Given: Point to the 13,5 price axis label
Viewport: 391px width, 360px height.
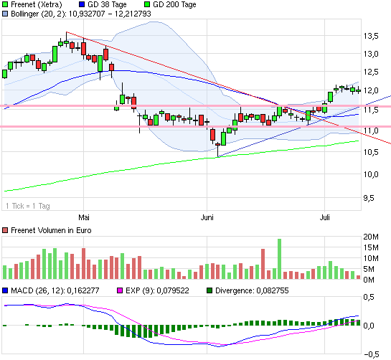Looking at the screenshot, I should pyautogui.click(x=371, y=35).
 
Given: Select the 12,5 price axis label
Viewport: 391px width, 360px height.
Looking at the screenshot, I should pyautogui.click(x=371, y=72).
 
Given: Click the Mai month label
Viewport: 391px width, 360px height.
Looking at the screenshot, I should pyautogui.click(x=84, y=216).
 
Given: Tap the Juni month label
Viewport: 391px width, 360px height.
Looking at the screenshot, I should pyautogui.click(x=208, y=216).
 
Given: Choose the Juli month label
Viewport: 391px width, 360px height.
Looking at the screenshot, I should pyautogui.click(x=324, y=216).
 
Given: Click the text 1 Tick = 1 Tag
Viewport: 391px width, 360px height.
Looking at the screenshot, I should pyautogui.click(x=27, y=207).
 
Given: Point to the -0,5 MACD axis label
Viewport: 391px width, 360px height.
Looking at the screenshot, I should pyautogui.click(x=371, y=353).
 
